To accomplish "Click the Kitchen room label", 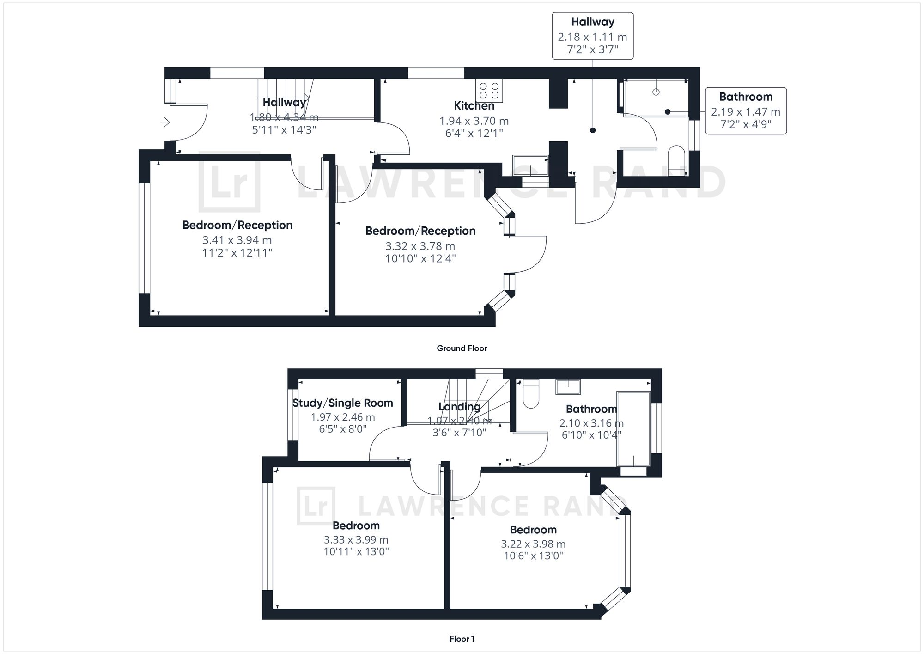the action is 474,106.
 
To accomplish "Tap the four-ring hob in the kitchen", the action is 489,91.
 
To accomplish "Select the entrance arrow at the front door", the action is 165,122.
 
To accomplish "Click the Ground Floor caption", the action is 462,348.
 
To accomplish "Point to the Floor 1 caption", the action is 462,639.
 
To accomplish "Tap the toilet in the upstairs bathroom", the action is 531,395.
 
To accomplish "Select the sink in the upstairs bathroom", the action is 568,387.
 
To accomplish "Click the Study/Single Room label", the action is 342,403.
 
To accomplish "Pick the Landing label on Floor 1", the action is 459,407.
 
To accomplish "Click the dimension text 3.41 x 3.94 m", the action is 237,240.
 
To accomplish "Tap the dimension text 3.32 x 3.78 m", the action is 420,246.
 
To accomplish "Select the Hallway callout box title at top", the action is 592,22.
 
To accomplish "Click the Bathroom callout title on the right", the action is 746,97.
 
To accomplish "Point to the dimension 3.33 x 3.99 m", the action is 356,540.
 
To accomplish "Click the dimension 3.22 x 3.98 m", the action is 533,544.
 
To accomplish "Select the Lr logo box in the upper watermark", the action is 229,182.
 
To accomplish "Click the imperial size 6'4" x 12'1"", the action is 474,134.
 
